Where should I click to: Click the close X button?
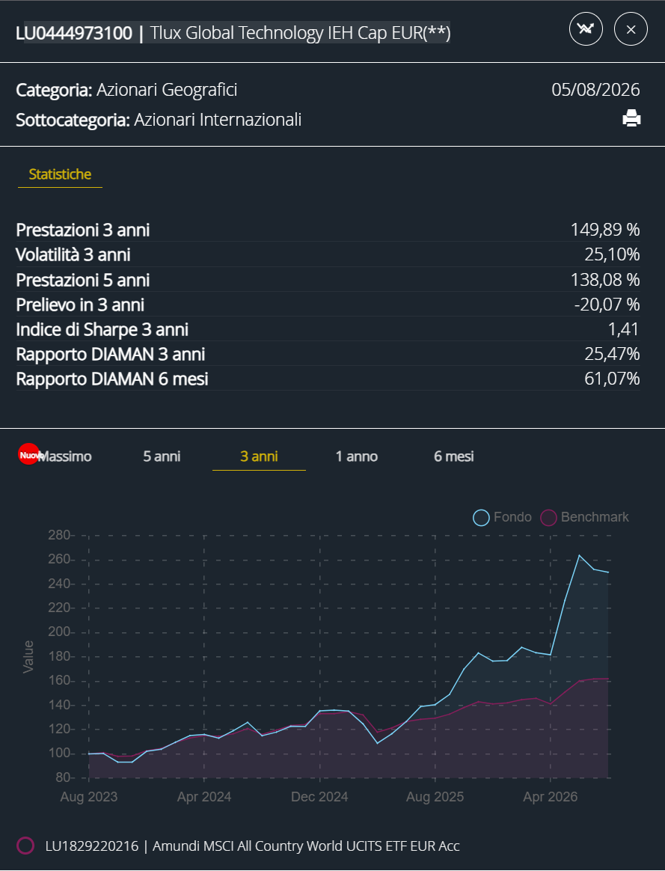point(631,29)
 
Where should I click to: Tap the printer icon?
point(631,118)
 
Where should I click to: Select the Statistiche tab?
point(60,174)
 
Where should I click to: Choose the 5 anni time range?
point(162,456)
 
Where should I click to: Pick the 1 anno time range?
point(356,456)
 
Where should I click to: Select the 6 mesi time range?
point(453,456)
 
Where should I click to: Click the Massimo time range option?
point(65,456)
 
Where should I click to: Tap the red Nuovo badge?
point(28,453)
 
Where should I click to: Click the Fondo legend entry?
point(503,517)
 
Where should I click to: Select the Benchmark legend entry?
point(584,517)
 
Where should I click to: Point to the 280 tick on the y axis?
point(59,535)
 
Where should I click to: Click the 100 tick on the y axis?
point(59,754)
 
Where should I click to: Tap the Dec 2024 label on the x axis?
point(319,797)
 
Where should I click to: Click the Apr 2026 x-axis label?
point(550,797)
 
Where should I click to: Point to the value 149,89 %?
point(605,230)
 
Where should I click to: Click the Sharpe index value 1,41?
point(623,328)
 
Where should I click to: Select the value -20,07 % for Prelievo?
point(607,305)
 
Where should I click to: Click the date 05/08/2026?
point(595,90)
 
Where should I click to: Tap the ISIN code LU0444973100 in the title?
point(74,33)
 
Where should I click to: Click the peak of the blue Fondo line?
point(580,555)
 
